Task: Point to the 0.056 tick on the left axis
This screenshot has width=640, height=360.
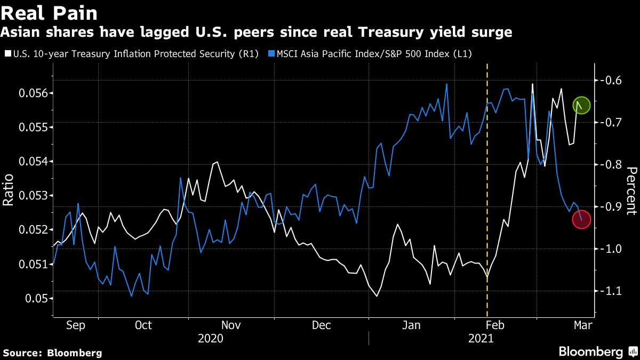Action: click(34, 93)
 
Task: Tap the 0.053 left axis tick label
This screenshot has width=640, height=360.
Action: click(34, 196)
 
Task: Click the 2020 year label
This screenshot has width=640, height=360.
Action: click(210, 338)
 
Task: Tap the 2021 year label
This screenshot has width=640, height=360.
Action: click(481, 338)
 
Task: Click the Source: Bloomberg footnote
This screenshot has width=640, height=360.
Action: click(52, 353)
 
